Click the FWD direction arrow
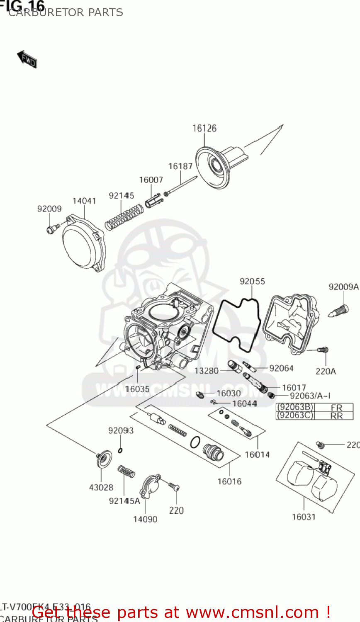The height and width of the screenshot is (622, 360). [x=27, y=60]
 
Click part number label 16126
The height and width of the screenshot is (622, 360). [x=204, y=129]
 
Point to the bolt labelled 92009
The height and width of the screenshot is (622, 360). [x=51, y=228]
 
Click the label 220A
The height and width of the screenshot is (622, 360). [x=326, y=372]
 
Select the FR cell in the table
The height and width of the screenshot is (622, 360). [x=336, y=407]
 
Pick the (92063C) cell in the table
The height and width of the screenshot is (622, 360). [x=295, y=415]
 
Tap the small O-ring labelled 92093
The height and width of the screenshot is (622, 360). [x=120, y=450]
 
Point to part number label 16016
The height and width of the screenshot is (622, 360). [x=229, y=481]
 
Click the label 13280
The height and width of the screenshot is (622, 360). [x=207, y=371]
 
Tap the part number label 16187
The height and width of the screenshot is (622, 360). [x=180, y=166]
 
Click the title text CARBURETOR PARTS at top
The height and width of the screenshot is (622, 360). [x=66, y=12]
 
